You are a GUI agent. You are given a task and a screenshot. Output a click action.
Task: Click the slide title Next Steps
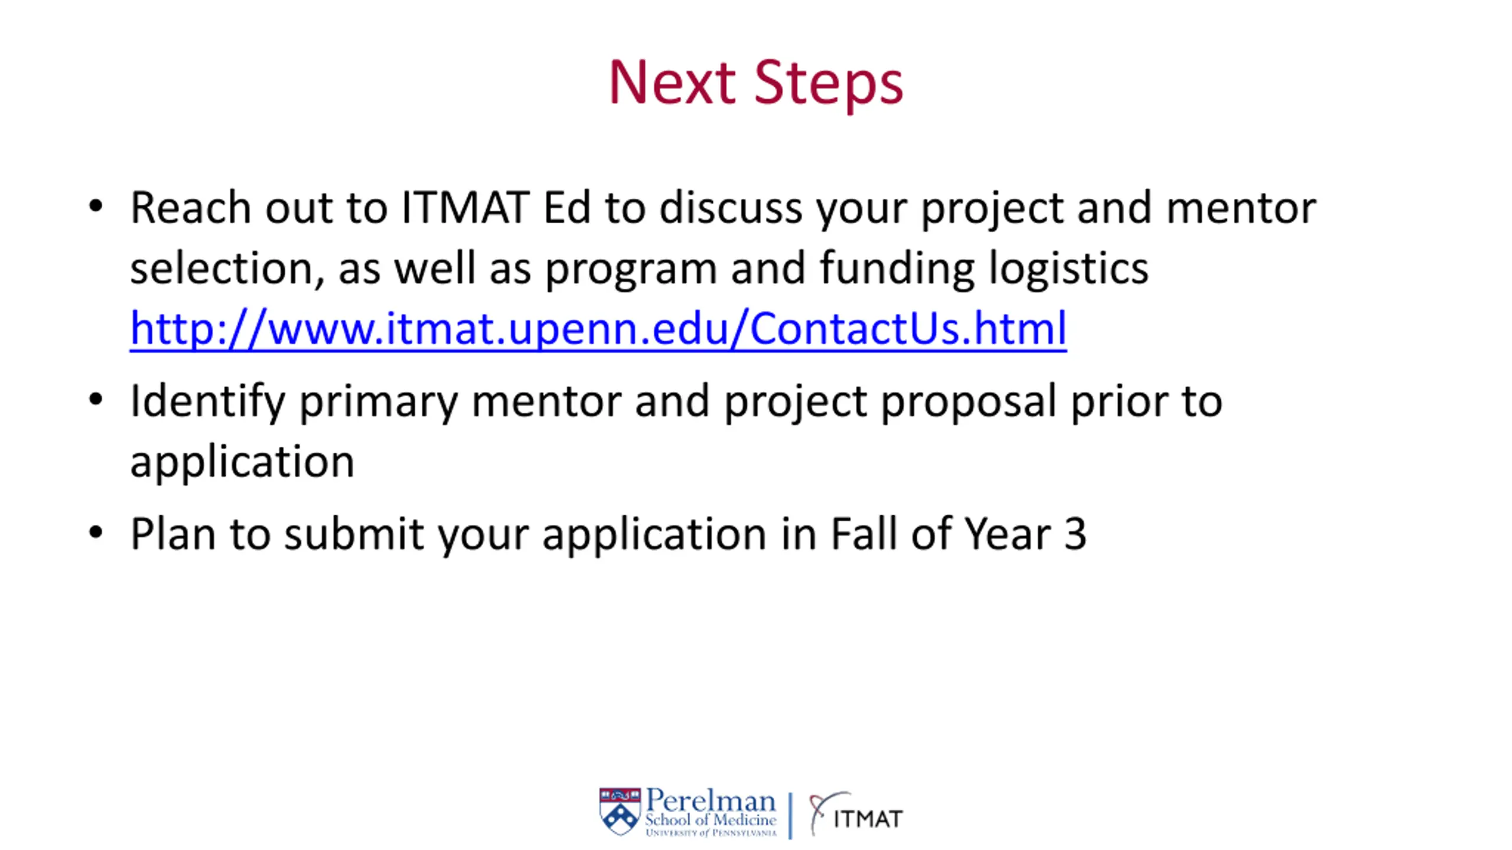point(755,83)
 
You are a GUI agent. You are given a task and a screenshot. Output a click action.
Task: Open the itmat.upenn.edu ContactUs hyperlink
point(598,328)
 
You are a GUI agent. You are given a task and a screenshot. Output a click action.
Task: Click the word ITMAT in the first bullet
point(465,208)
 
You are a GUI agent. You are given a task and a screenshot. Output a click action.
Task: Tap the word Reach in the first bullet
point(190,208)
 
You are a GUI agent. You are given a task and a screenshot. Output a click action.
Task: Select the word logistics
point(1068,269)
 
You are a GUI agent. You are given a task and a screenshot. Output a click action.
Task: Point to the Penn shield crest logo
point(620,811)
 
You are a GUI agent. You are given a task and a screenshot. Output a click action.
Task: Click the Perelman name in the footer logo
point(710,801)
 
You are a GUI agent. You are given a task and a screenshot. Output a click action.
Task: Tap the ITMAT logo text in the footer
point(868,819)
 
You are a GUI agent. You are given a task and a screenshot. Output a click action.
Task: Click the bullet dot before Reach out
point(96,207)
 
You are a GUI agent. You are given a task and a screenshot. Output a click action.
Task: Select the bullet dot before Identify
point(96,400)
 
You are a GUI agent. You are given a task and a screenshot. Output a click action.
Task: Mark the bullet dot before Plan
point(96,532)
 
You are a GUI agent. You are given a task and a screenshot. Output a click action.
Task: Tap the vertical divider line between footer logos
point(790,815)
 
